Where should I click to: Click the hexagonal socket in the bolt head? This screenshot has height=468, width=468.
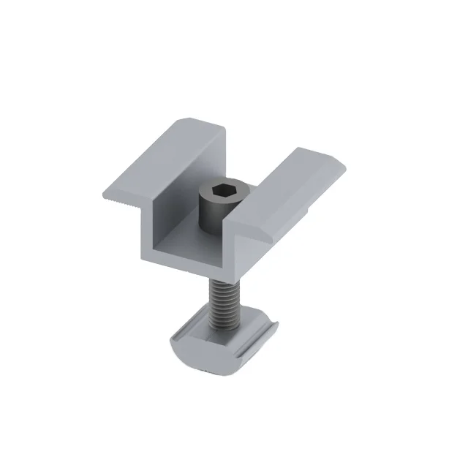218,192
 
